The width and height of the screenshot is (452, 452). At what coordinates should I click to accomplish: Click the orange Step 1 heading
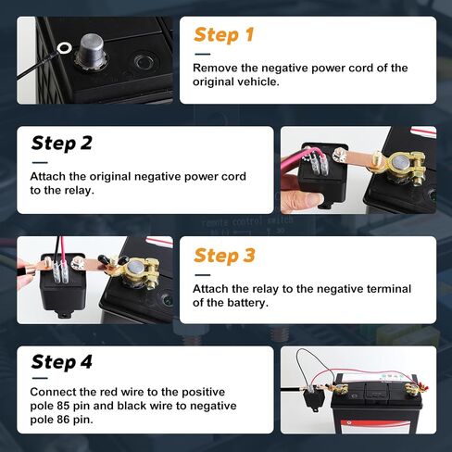click(x=223, y=35)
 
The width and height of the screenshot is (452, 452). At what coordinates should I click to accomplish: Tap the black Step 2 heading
click(x=61, y=144)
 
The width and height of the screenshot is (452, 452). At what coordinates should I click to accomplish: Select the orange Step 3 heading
click(x=223, y=256)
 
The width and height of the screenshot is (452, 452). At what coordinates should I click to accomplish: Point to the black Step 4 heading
click(x=62, y=362)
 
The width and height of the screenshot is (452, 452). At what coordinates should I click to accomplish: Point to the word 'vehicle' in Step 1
click(x=264, y=83)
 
